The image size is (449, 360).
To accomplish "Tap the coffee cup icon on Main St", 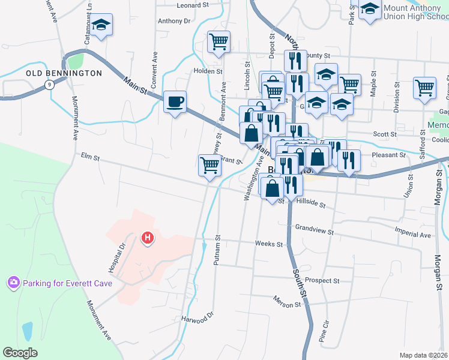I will [175, 101].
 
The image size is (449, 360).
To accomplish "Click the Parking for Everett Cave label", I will [59, 282].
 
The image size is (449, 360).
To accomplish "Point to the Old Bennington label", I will [64, 73].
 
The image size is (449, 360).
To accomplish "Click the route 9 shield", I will [51, 85].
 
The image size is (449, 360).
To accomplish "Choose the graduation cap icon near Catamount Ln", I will [101, 25].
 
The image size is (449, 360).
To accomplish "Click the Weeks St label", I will [268, 244].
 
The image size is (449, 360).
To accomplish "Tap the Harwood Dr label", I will [197, 317].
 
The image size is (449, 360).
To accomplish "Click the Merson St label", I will [286, 305].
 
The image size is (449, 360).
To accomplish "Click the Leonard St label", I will [192, 5].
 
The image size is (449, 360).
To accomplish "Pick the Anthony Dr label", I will [173, 20].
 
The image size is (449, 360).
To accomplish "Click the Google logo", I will [20, 352].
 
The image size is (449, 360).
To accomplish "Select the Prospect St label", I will [322, 280].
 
